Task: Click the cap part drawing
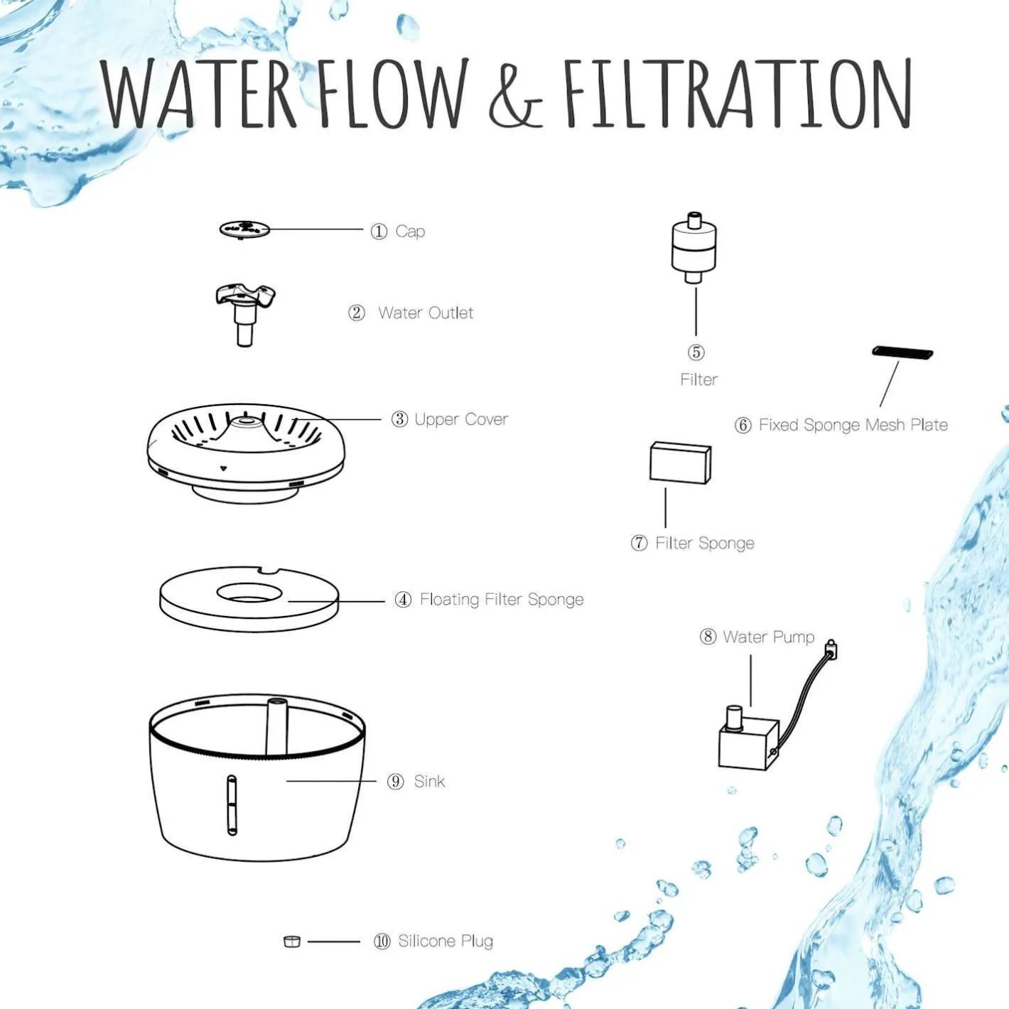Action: (x=244, y=230)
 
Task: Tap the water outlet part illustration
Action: (x=245, y=314)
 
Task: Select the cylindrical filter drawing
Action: (x=694, y=248)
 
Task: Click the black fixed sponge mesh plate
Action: (x=902, y=352)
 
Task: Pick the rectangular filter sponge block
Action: (x=680, y=463)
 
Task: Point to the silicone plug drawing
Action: (x=291, y=941)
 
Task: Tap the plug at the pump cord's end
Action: (x=831, y=649)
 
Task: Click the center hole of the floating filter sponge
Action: (x=249, y=593)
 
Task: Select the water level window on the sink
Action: (x=232, y=805)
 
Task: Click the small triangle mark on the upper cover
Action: (x=224, y=469)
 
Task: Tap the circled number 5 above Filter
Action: (x=696, y=352)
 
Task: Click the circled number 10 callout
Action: (x=382, y=941)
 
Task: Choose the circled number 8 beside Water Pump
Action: (x=708, y=637)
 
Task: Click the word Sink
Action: (x=429, y=781)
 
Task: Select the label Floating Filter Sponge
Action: (x=502, y=599)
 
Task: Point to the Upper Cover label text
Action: (x=460, y=419)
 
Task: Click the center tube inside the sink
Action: (x=276, y=727)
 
